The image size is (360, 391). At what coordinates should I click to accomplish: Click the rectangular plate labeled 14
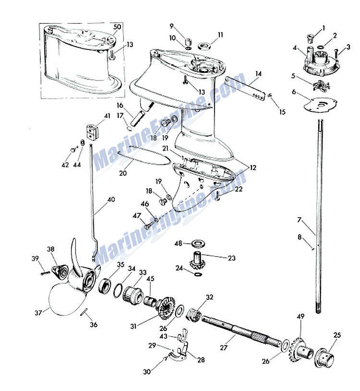[x=244, y=88]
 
